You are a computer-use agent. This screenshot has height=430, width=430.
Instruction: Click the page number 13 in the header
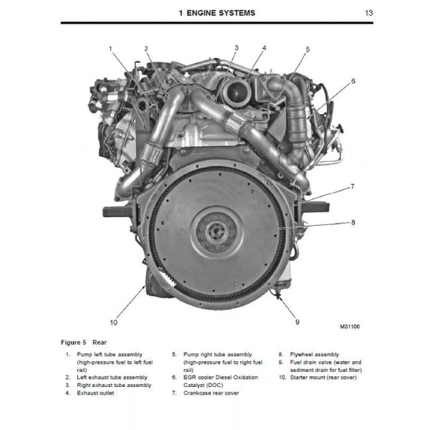[368, 13]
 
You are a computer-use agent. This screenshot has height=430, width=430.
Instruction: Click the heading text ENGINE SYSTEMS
[221, 13]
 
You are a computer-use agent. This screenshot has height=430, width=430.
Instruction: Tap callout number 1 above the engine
[110, 49]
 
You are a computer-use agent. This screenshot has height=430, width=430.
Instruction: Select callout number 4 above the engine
[264, 48]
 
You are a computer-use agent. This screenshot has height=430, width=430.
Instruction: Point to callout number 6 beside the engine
[353, 81]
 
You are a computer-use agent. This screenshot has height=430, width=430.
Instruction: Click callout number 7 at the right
[353, 186]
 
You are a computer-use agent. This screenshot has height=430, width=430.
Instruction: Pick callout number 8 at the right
[353, 222]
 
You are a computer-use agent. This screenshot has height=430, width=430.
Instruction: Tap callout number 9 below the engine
[297, 322]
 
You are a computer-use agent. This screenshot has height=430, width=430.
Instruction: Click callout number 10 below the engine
[113, 322]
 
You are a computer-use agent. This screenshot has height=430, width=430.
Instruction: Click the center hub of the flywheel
[216, 232]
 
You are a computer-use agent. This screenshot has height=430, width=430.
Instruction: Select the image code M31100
[350, 326]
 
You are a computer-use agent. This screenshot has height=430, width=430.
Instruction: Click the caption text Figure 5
[73, 343]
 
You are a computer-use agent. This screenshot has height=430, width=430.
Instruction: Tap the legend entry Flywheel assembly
[315, 354]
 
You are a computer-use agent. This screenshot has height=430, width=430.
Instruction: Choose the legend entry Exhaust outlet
[95, 393]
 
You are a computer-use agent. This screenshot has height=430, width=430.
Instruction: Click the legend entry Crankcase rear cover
[211, 393]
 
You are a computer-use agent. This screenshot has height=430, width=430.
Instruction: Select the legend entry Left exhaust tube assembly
[112, 378]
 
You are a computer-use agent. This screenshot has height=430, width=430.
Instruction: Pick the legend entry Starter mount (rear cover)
[323, 378]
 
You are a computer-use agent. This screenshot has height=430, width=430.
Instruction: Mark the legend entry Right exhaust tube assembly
[114, 385]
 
